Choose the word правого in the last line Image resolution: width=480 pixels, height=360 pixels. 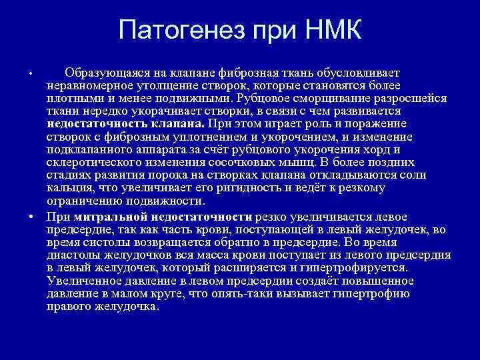(x=70, y=307)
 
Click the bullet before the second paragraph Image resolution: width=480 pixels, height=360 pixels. (x=31, y=217)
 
